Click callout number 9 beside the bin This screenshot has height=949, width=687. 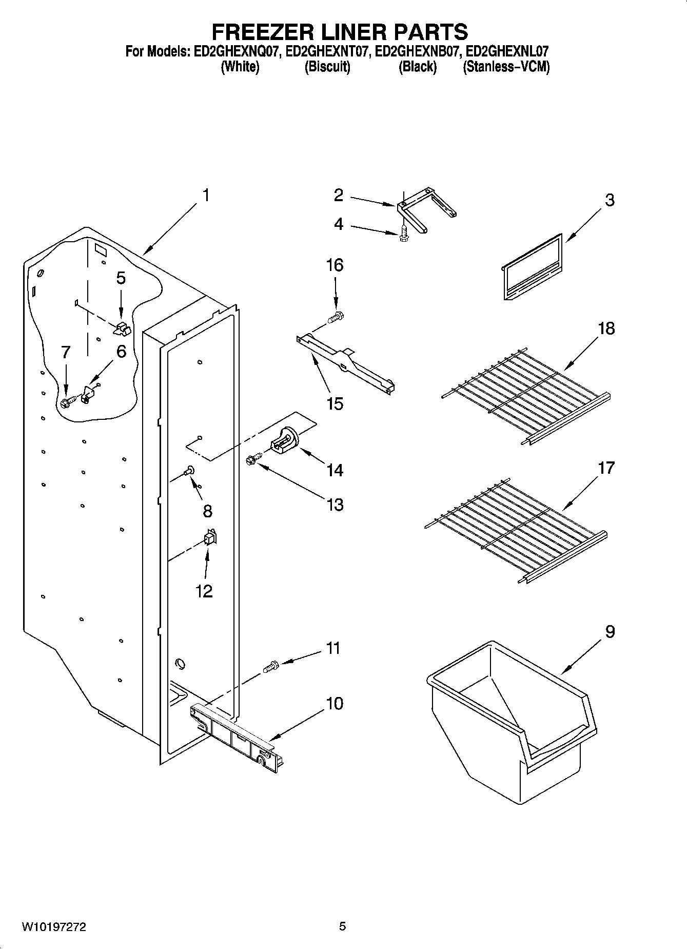click(x=610, y=631)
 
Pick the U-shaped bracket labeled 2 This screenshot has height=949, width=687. click(x=426, y=210)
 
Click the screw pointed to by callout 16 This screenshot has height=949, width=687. click(x=337, y=317)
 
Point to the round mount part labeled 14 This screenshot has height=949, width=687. click(x=284, y=441)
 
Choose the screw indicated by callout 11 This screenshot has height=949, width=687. click(x=270, y=667)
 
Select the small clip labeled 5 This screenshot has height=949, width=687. click(x=122, y=327)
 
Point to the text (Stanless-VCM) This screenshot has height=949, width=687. click(x=506, y=67)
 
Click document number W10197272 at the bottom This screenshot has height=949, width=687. click(x=54, y=927)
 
